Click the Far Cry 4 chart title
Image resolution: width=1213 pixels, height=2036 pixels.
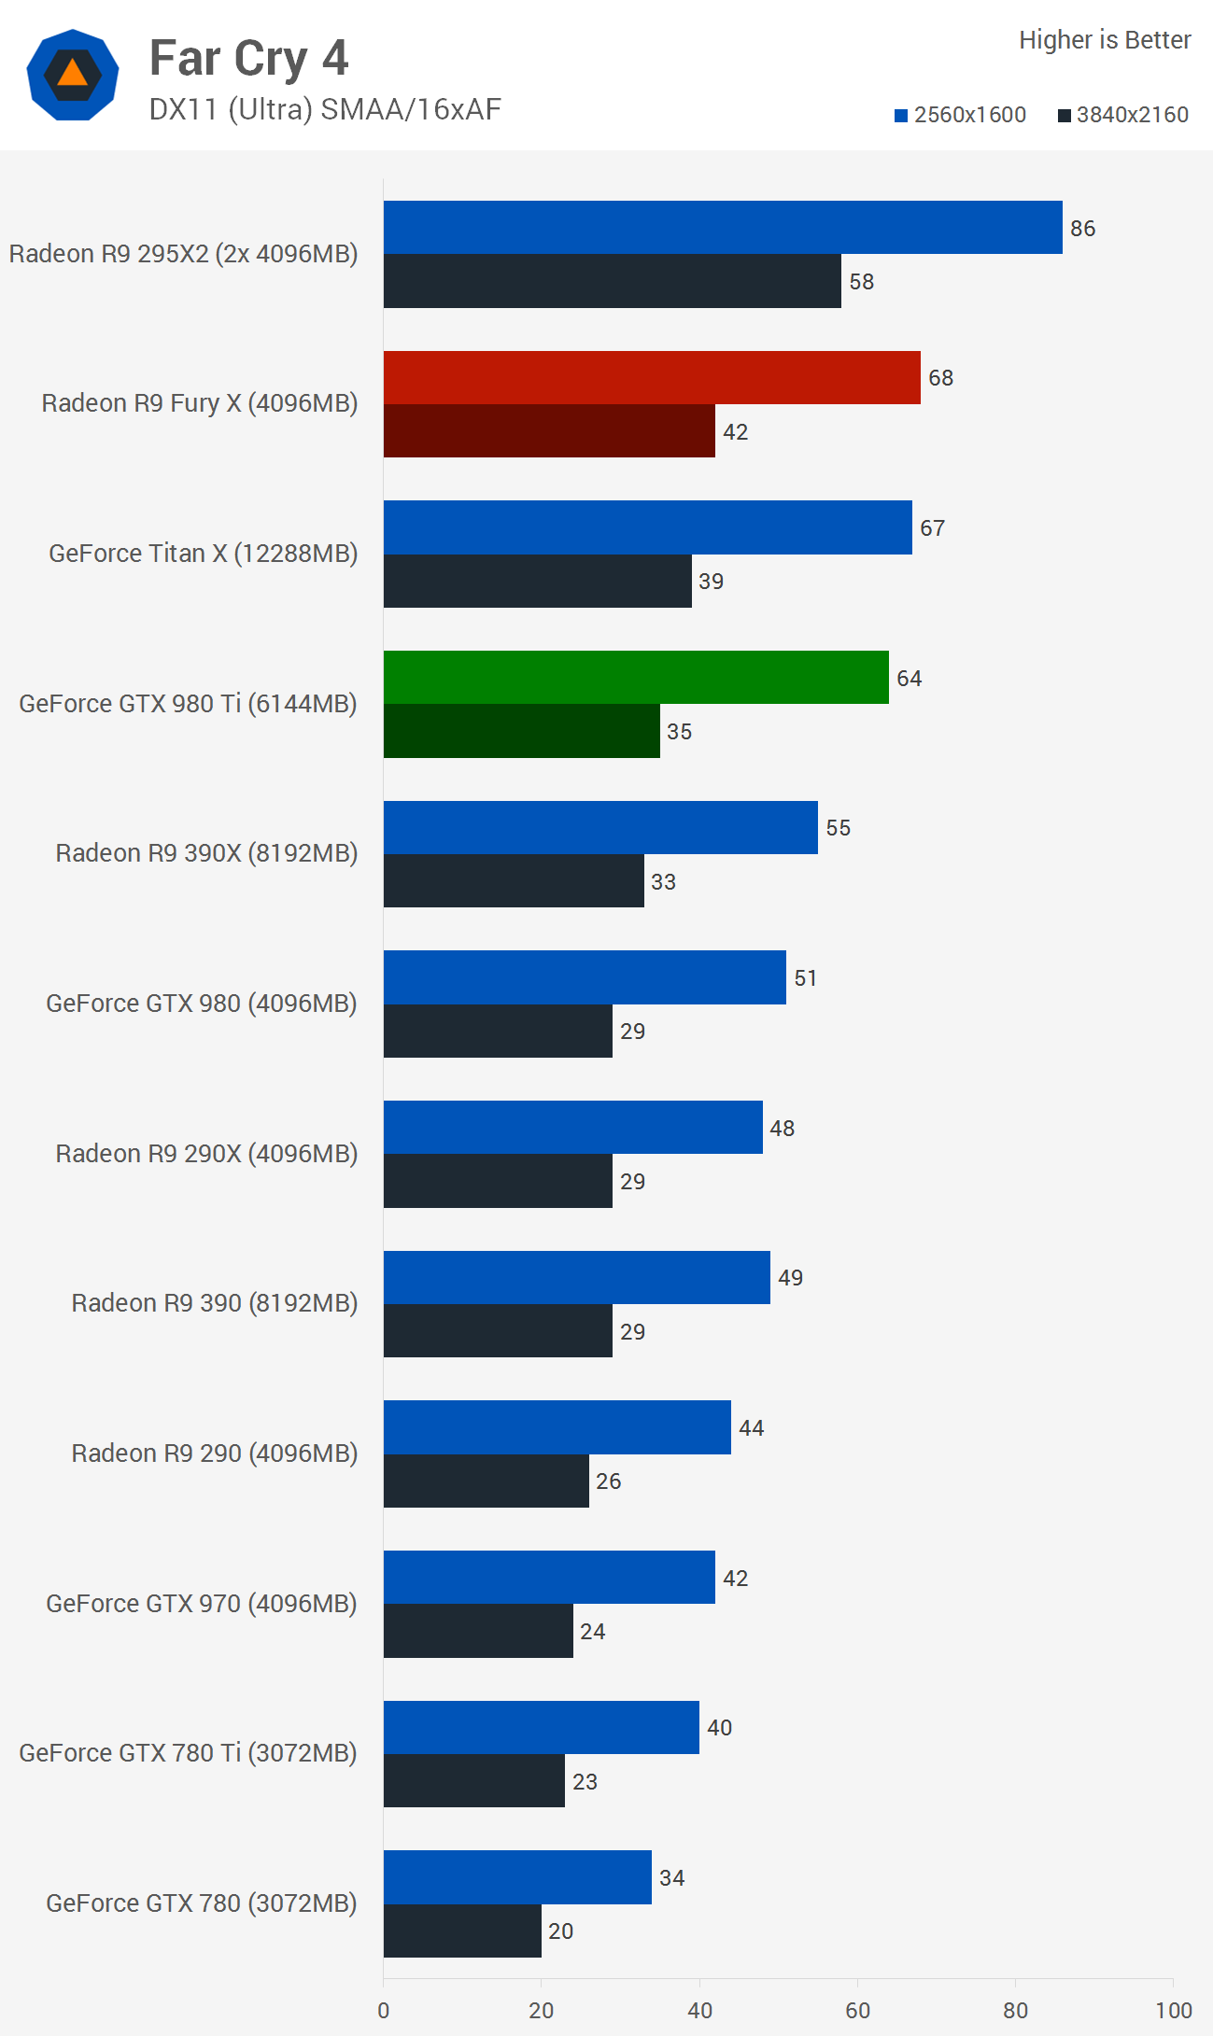tap(248, 58)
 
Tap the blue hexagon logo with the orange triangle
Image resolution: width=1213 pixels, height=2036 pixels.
tap(73, 75)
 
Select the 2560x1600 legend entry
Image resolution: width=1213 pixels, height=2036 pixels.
tap(960, 115)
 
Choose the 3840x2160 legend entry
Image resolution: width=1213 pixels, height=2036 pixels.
tap(1122, 115)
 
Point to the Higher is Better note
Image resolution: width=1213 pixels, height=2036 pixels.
tap(1104, 40)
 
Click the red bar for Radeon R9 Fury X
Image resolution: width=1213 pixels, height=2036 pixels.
tap(651, 378)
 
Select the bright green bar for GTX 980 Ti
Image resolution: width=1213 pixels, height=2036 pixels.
tap(635, 678)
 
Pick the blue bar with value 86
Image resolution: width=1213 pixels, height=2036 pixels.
tap(722, 228)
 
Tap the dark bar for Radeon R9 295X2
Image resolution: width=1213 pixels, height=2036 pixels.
tap(612, 281)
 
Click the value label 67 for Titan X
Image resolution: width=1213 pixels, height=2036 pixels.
tap(932, 528)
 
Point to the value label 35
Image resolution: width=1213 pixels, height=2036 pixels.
tap(679, 732)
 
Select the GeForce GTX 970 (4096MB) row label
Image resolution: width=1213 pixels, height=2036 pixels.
tap(202, 1604)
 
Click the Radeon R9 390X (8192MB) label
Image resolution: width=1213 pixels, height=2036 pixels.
tap(206, 853)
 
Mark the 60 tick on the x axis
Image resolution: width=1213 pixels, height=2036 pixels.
tap(857, 2011)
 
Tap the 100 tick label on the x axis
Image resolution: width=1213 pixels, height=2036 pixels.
tap(1173, 2011)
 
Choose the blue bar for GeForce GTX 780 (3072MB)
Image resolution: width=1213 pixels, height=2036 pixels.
tap(517, 1877)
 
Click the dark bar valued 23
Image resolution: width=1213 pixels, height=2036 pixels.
tap(473, 1781)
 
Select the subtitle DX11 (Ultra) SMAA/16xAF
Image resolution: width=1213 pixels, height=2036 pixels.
tap(325, 109)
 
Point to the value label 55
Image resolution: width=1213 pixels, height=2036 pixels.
tap(838, 828)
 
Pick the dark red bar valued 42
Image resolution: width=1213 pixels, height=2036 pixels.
tap(548, 431)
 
